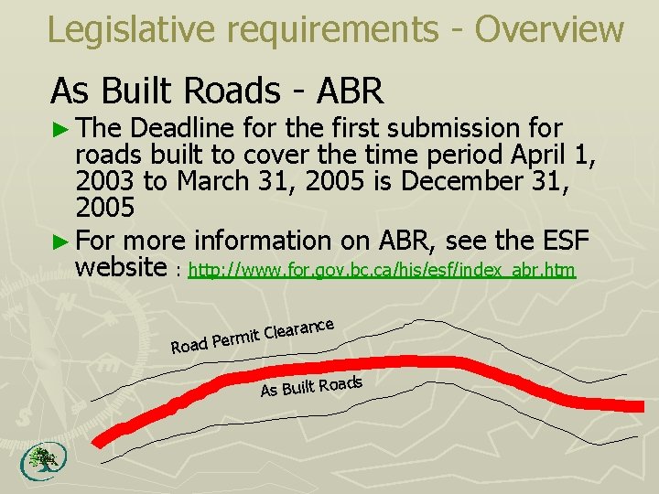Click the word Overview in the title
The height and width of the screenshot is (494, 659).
coord(549,29)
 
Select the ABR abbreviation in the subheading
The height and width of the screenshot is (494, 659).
coord(349,91)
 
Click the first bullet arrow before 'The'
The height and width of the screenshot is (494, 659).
coord(59,128)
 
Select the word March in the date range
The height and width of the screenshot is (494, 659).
coord(211,180)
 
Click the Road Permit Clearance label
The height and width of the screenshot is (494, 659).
coord(252,336)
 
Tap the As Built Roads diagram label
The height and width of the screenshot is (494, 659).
coord(311,385)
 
